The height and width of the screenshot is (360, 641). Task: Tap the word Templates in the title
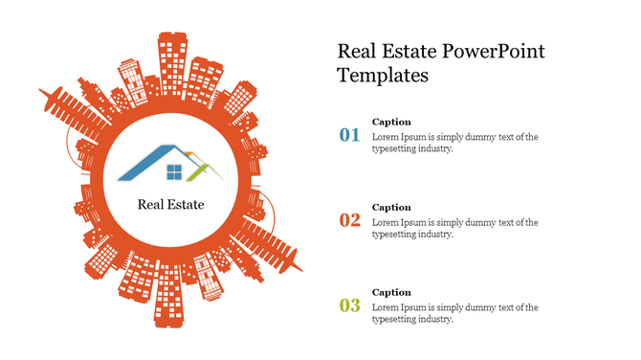pyautogui.click(x=383, y=75)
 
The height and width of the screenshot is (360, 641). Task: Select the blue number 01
pyautogui.click(x=350, y=135)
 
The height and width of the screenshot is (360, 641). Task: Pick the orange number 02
pyautogui.click(x=350, y=220)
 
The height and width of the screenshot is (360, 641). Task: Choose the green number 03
pyautogui.click(x=350, y=305)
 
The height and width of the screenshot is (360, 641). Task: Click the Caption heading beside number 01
pyautogui.click(x=391, y=122)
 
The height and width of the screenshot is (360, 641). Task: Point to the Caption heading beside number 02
pyautogui.click(x=391, y=207)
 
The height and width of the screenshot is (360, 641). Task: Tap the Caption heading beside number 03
pyautogui.click(x=391, y=292)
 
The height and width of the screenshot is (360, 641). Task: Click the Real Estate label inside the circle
pyautogui.click(x=170, y=204)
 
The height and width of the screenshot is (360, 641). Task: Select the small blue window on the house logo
pyautogui.click(x=174, y=172)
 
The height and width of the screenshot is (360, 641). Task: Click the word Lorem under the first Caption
pyautogui.click(x=386, y=137)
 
